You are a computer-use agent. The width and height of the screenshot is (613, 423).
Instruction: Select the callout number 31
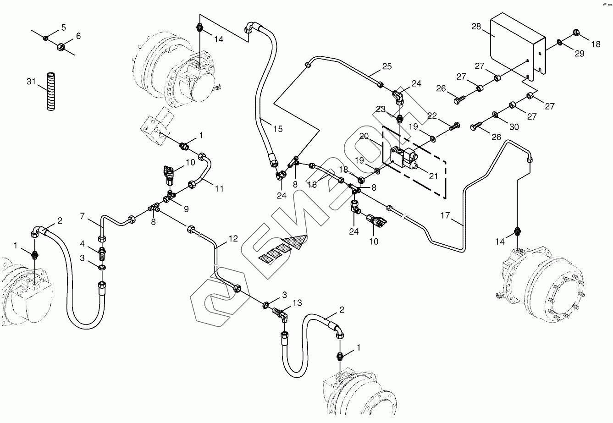coord(31,82)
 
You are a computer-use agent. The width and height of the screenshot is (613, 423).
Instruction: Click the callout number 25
coord(387,66)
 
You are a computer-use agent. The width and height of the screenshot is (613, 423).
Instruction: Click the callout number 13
coord(297,303)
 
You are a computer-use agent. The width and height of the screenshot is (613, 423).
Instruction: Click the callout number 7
coord(83,215)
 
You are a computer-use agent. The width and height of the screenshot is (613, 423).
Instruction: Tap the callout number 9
coord(186,209)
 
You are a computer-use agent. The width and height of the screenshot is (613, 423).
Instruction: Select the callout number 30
coord(514,127)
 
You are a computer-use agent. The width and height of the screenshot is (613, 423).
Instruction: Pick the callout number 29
coord(580,54)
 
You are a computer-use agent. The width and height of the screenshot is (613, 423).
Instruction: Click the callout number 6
coord(78,36)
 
